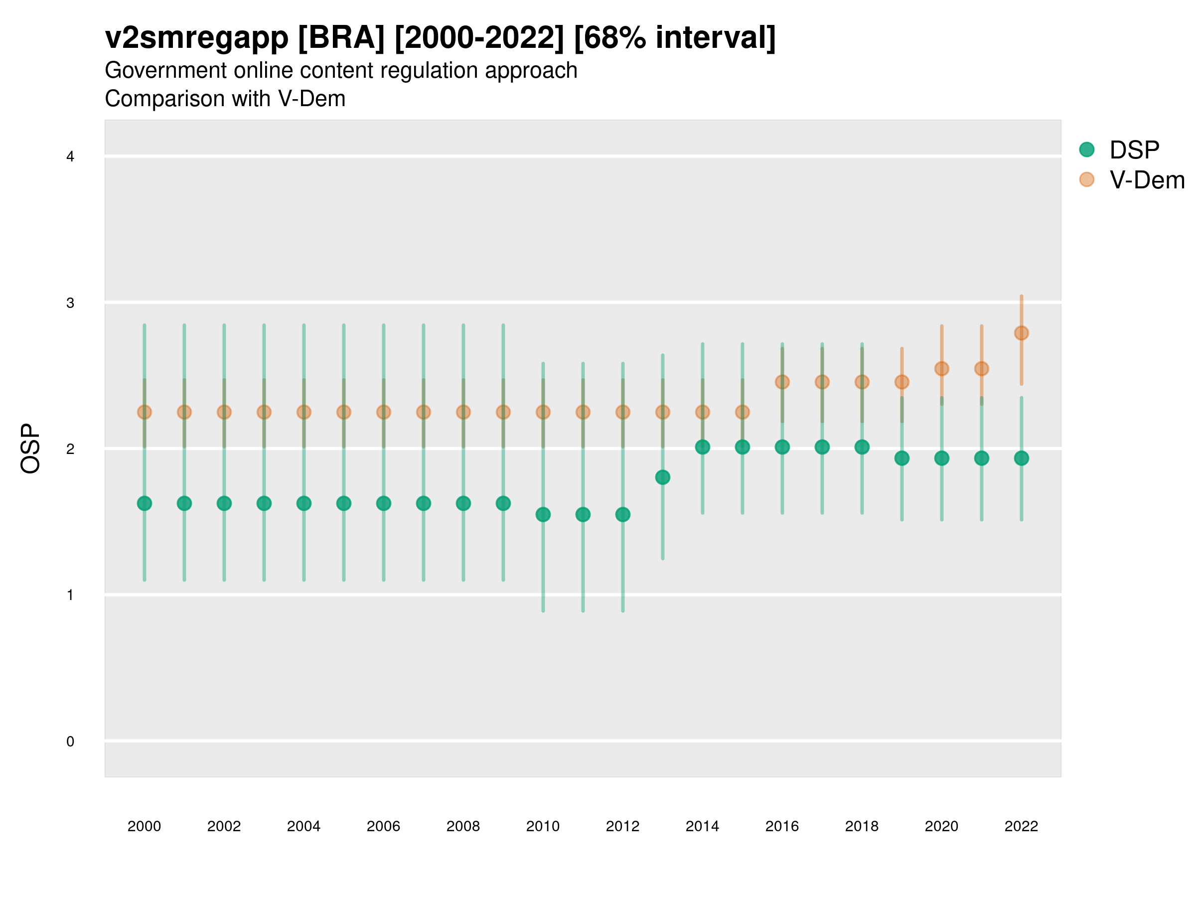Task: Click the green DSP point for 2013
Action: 662,477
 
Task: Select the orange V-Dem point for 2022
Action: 1022,333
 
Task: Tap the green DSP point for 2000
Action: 145,503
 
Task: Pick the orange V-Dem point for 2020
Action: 941,369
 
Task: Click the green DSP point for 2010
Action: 543,514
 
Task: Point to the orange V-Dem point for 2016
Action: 782,382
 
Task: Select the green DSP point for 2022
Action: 1022,458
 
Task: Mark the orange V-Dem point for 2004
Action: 304,412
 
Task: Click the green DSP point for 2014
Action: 702,447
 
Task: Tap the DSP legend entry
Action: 1134,150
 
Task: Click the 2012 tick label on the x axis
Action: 622,826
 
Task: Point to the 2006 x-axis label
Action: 383,826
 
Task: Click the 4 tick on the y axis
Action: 70,157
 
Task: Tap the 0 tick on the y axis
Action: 70,742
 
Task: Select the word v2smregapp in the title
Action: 197,38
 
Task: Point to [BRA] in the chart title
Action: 341,38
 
